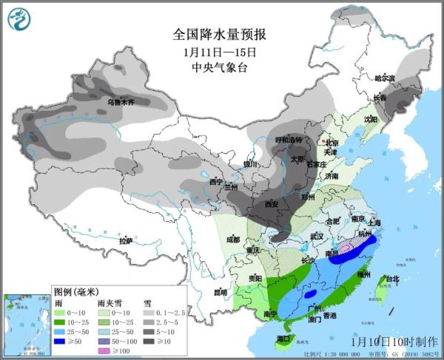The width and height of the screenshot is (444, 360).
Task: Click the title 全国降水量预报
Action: click(219, 35)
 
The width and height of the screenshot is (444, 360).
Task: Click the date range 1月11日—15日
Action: click(219, 52)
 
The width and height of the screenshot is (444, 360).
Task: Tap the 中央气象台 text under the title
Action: click(219, 69)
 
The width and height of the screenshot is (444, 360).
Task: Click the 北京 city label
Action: click(332, 143)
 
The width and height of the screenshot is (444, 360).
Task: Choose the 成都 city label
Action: click(234, 239)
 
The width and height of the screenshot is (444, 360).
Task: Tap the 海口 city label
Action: click(283, 338)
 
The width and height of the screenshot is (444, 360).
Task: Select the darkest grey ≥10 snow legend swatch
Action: click(149, 342)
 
